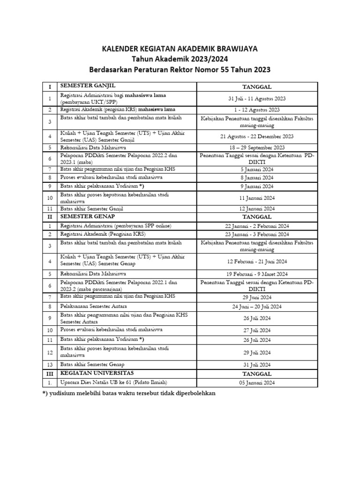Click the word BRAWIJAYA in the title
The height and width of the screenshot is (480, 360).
click(233, 49)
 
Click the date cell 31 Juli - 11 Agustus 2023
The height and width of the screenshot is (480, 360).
click(256, 98)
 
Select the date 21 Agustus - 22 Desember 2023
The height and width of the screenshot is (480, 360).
click(256, 136)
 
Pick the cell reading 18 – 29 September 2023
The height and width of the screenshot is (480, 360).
click(256, 147)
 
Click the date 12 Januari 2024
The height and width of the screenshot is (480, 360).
click(256, 209)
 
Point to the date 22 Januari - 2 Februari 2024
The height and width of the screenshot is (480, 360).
click(256, 226)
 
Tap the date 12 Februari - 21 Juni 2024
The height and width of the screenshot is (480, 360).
click(256, 262)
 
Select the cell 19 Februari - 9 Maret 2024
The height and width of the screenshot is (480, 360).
click(256, 274)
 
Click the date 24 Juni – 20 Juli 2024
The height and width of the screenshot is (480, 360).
click(256, 307)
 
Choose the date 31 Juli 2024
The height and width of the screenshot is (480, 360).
click(256, 365)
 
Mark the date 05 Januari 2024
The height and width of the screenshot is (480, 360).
click(256, 382)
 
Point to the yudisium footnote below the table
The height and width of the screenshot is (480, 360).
click(129, 394)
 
